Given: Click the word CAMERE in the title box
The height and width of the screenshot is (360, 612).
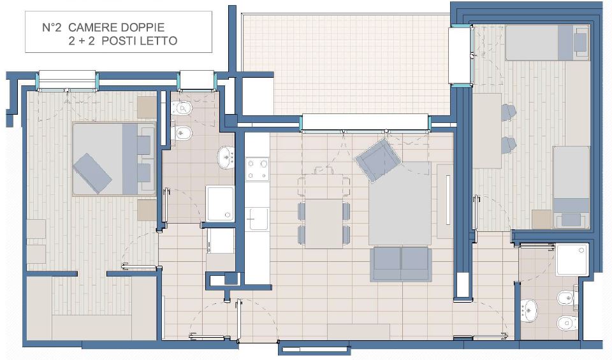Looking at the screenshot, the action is tap(93, 27).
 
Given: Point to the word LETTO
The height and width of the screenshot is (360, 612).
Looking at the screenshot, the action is tap(159, 41).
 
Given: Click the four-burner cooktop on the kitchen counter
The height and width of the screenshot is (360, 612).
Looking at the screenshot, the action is tap(257, 169).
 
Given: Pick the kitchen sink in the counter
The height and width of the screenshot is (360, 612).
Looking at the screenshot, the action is tap(257, 219).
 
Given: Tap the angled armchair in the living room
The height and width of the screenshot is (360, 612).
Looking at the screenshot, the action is tap(378, 160).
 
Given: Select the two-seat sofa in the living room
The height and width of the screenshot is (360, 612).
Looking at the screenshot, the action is tap(401, 264).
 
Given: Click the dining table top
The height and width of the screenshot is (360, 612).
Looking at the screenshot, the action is tap(324, 224).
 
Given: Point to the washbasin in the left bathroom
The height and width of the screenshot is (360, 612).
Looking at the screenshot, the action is tap(226, 157).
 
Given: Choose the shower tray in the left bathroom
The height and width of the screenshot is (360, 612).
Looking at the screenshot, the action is tap(220, 204).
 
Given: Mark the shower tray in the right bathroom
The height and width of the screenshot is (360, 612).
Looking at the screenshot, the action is tap(572, 259).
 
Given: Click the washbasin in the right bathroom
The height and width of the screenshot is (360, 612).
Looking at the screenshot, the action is tap(529, 310).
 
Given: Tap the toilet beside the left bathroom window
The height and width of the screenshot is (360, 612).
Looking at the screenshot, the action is tap(182, 108).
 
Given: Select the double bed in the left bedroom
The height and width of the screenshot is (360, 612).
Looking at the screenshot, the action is tap(114, 159).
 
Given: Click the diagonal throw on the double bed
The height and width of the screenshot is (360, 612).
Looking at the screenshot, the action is tap(92, 173).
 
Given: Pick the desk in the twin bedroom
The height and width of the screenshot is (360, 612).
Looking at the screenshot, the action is tap(487, 131).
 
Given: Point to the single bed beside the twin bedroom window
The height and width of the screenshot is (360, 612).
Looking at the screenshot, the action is tap(547, 43).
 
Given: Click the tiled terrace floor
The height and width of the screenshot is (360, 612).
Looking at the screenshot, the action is tap(346, 65).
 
